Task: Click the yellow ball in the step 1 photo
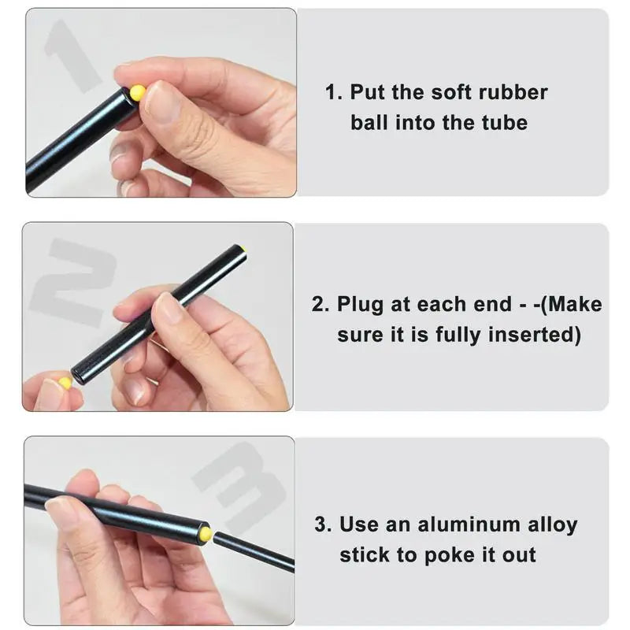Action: coord(138,93)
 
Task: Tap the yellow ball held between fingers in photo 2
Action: coord(65,383)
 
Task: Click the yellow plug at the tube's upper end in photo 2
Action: coord(243,249)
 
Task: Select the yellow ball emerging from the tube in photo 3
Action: coord(206,534)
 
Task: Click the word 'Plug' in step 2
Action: coord(360,305)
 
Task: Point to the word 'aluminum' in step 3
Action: coord(458,524)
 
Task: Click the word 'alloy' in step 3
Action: coord(549,524)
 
